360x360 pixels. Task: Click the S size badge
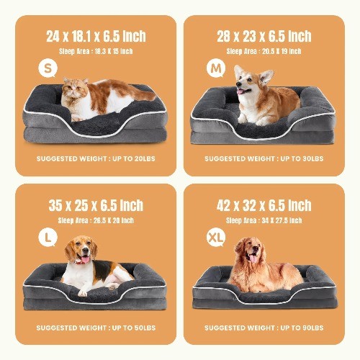(47, 70)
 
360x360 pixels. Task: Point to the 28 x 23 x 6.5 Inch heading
(264, 36)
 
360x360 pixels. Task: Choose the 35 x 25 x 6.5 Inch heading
(96, 205)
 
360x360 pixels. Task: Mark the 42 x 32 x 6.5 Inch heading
(264, 205)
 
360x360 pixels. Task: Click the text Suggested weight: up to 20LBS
(95, 158)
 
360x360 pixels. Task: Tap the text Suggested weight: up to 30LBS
(264, 158)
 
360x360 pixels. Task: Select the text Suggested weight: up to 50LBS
(95, 328)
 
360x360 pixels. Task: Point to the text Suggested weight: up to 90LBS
(264, 328)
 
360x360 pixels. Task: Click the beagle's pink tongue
(86, 261)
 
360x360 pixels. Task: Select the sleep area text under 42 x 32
(264, 220)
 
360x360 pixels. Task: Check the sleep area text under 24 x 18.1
(95, 51)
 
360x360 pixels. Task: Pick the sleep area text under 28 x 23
(264, 51)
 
